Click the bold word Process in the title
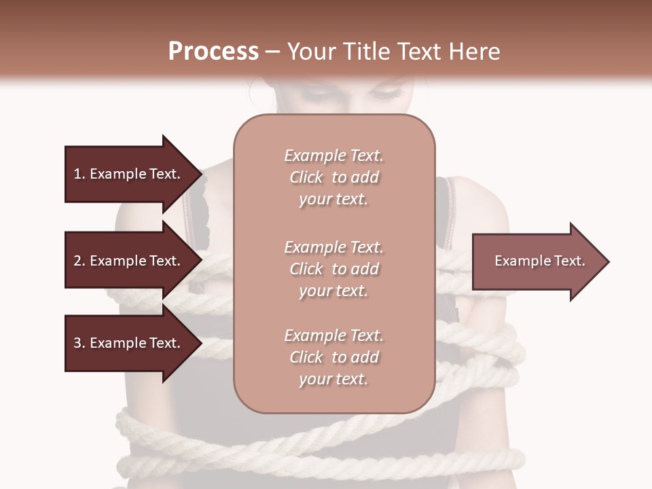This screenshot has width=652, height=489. point(213,52)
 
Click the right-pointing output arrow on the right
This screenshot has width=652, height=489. point(537,261)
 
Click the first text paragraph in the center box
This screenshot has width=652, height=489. point(333,177)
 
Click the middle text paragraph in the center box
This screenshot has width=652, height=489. point(333,269)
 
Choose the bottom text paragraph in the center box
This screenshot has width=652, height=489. point(333,357)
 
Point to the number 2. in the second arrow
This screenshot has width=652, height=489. point(79,261)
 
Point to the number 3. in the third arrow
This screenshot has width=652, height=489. point(79,343)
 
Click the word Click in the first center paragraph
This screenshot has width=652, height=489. point(306,177)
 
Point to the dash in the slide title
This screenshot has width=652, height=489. point(272,52)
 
